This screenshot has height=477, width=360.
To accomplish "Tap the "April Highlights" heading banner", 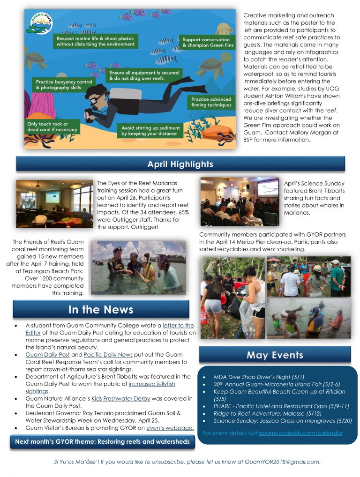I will (180, 164).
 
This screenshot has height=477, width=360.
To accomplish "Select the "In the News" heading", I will (101, 309).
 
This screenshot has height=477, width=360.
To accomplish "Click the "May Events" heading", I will (275, 355).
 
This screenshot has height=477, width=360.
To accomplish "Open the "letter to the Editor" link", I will (178, 325).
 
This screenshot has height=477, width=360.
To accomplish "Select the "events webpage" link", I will (170, 428).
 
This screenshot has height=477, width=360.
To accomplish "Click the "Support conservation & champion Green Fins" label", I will (206, 43).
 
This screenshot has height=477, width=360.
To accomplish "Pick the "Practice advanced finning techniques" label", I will (211, 102).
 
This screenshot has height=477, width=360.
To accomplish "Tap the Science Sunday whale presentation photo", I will (240, 201).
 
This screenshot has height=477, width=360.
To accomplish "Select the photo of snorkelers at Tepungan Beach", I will (138, 268).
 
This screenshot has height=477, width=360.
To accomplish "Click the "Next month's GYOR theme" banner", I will (102, 442).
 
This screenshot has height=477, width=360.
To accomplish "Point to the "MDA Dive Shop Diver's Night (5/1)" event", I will (252, 377).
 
